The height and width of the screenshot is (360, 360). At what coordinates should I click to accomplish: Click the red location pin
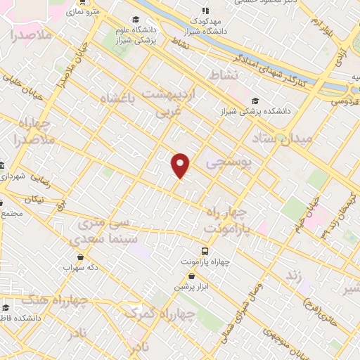point(181,165)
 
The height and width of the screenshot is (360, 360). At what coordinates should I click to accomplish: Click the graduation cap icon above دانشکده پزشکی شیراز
point(255,101)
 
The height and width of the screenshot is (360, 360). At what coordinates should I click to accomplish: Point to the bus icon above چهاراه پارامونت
point(205,251)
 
